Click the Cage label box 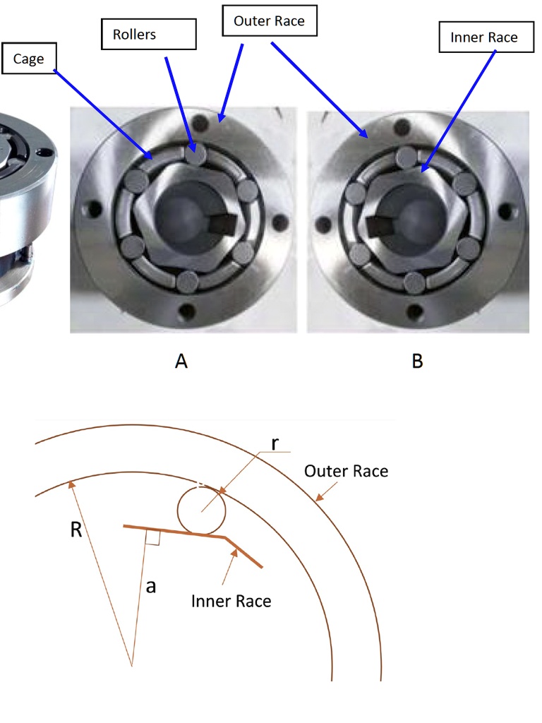[28, 59]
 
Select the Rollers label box [147, 35]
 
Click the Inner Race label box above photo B [484, 37]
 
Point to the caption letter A [181, 361]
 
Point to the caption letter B [417, 361]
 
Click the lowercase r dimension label [275, 443]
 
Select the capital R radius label [76, 530]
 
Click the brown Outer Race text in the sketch [346, 471]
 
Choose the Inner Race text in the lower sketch [231, 601]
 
